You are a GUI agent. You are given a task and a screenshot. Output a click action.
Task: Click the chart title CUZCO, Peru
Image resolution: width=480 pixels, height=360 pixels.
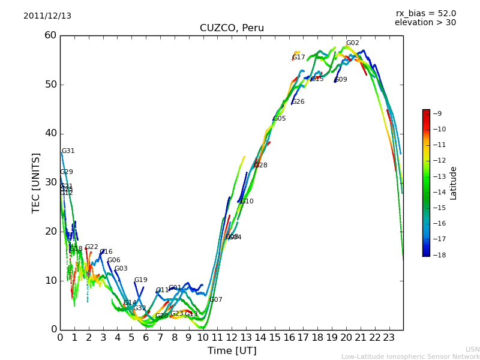232,28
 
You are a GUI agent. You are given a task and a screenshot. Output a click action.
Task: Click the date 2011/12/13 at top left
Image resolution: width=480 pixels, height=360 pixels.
47,16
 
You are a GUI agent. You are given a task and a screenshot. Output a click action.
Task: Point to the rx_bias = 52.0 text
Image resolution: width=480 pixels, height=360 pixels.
425,13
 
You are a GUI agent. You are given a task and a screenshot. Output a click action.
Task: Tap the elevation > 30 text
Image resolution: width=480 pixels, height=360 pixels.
425,23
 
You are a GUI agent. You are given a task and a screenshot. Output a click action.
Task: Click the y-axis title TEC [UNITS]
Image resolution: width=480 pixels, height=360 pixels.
36,182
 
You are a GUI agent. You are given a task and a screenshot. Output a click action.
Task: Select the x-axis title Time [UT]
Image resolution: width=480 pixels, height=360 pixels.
232,350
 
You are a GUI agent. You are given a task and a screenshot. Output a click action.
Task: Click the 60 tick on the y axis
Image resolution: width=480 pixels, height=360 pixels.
50,35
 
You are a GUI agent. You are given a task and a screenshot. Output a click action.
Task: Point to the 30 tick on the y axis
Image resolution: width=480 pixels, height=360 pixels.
50,182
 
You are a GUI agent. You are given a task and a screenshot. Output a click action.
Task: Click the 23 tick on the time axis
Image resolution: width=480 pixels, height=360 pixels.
389,338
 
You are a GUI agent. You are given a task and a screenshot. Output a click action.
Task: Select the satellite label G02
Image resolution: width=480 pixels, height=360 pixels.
352,43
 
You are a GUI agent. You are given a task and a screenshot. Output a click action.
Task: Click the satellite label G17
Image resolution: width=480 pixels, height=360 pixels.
299,58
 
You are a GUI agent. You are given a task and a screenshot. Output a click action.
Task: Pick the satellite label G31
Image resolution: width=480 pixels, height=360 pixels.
68,151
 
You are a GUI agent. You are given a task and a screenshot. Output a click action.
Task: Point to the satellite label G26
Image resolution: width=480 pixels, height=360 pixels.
298,102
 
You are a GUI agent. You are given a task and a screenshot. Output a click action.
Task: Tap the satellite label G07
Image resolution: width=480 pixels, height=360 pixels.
216,300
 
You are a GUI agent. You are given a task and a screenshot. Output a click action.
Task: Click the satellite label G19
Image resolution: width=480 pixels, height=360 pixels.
140,280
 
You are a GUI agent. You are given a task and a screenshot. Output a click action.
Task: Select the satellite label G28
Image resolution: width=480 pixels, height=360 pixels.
261,166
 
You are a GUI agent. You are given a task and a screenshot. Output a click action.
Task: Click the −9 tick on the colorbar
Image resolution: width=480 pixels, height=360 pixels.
437,113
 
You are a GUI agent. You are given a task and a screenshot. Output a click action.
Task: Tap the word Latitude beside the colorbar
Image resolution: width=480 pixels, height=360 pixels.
454,183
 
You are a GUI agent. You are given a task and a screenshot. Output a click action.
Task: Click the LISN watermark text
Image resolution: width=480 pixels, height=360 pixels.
472,349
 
